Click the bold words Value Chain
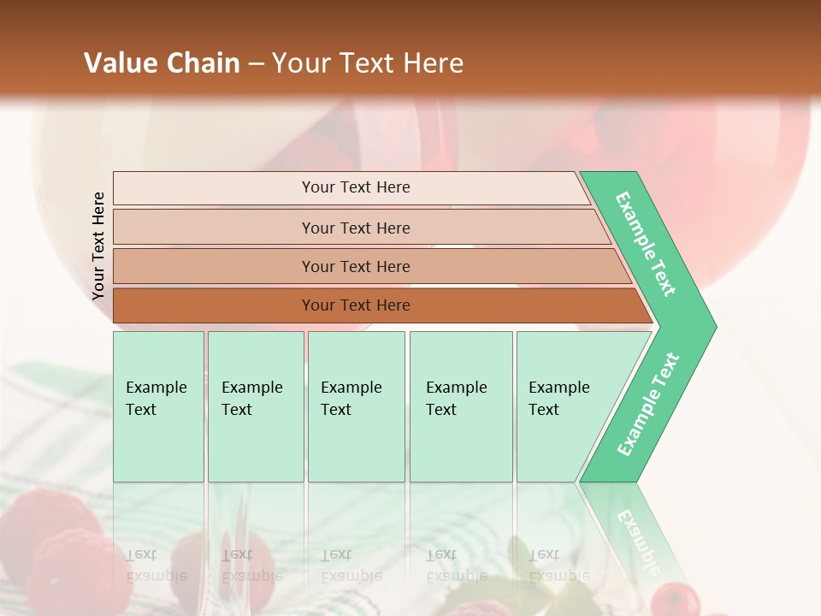coord(162,63)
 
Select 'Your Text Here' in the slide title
coord(368,63)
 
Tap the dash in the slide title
coord(256,64)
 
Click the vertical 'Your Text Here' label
coord(98,246)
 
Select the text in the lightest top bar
coord(356,187)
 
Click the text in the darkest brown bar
coord(356,305)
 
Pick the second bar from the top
coord(356,228)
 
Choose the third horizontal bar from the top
coord(356,267)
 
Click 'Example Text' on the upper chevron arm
coord(646,244)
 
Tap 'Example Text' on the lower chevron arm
coord(648,405)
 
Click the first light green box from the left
coord(158,406)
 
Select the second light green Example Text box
coord(255,406)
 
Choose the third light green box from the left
coord(356,406)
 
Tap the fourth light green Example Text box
coord(460,406)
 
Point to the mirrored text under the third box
coord(351,566)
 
